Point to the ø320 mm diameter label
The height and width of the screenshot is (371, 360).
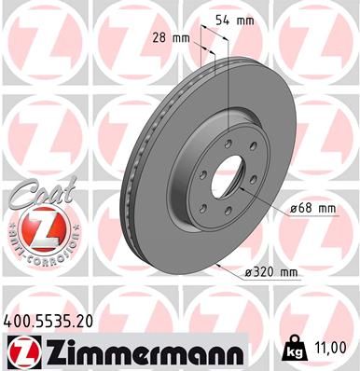[x=270, y=272]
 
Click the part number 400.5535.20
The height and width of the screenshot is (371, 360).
[x=53, y=320]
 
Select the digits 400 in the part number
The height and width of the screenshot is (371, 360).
[x=18, y=320]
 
